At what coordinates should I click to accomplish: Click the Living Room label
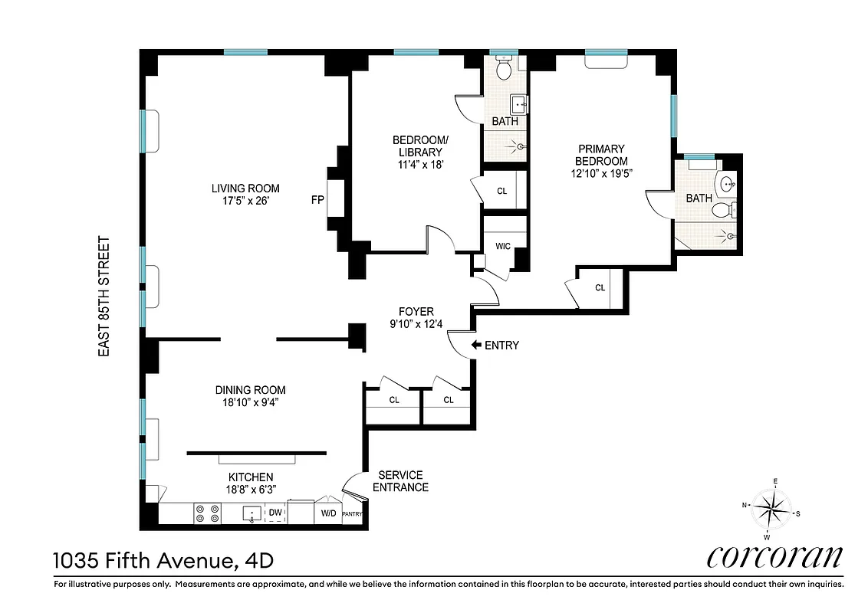click(245, 188)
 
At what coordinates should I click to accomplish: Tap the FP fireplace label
click(317, 201)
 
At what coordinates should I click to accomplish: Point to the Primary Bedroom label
click(602, 149)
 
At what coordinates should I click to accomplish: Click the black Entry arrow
click(476, 346)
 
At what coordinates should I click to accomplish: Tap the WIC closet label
click(503, 246)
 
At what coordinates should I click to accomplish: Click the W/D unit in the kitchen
click(328, 513)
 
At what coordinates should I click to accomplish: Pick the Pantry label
click(352, 513)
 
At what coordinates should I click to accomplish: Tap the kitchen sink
click(252, 513)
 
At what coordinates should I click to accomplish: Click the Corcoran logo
click(774, 556)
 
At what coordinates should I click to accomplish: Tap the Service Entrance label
click(399, 481)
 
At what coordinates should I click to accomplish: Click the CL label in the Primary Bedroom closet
click(600, 288)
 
